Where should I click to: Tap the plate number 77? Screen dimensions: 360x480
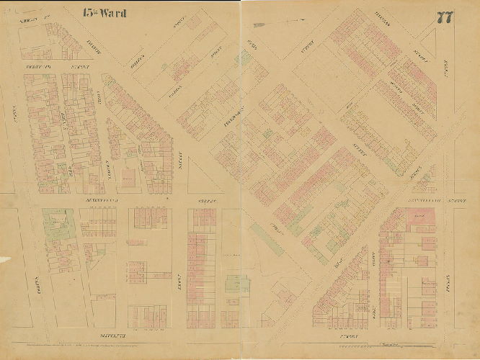coord(444,18)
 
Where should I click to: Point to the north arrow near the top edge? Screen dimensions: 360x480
coord(285,23)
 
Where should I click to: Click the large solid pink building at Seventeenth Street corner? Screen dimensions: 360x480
coord(416,217)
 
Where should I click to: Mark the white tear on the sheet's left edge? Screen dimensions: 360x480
coord(4,259)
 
